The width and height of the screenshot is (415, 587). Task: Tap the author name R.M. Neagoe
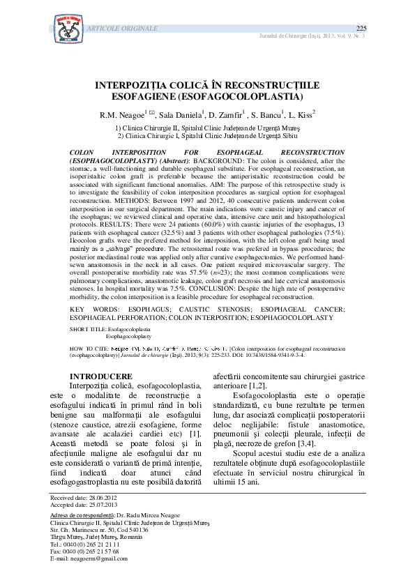click(122, 114)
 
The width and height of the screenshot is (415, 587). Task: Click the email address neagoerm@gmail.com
click(98, 559)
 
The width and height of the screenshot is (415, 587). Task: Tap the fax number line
click(86, 551)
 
